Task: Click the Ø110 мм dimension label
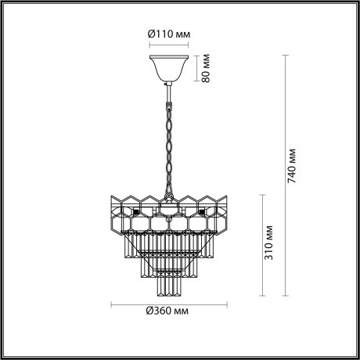(170, 34)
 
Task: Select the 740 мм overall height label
(293, 165)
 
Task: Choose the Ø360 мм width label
(167, 311)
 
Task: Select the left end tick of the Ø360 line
(110, 304)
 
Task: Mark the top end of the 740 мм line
(283, 53)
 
